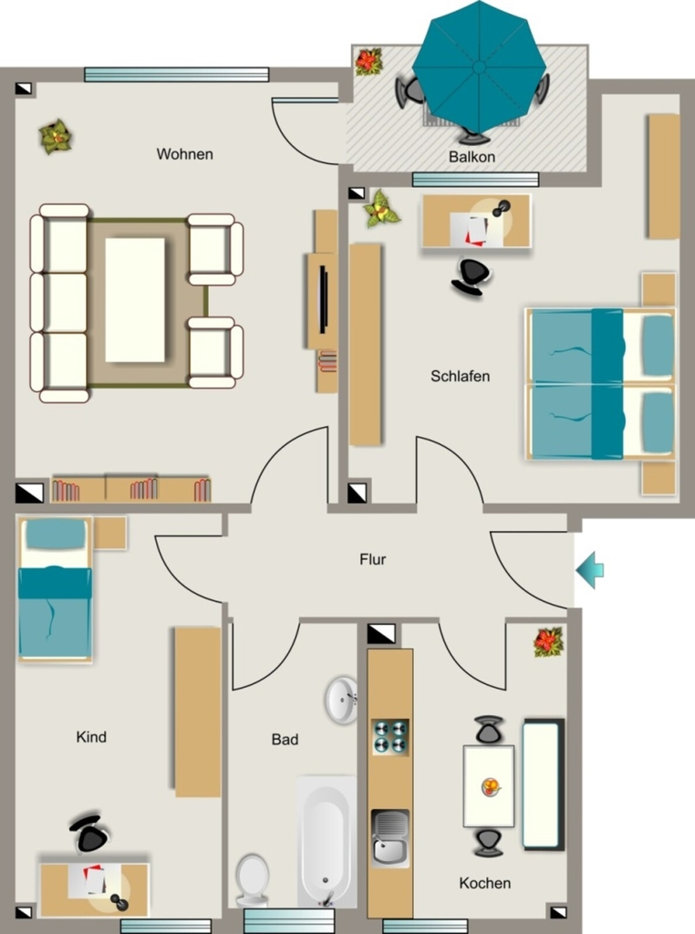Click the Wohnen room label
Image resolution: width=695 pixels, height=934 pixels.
[184, 154]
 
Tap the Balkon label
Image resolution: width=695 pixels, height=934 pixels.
[472, 157]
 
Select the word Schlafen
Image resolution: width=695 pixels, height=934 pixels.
[461, 377]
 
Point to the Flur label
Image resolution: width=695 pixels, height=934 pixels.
[373, 559]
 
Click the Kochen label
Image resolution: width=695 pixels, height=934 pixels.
[485, 883]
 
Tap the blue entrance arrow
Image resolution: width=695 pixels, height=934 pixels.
[589, 570]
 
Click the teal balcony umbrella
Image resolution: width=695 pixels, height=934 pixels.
[479, 67]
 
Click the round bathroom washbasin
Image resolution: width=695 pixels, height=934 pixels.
[341, 700]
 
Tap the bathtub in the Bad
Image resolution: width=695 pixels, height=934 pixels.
[327, 840]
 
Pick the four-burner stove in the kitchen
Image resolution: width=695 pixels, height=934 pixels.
[390, 737]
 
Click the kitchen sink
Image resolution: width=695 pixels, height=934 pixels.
[390, 837]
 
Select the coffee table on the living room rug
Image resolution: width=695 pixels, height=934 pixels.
[135, 299]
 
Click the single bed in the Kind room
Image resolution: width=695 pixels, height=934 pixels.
[55, 588]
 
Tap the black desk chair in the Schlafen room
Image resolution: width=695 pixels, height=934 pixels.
[472, 276]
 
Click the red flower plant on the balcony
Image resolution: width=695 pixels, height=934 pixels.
[368, 61]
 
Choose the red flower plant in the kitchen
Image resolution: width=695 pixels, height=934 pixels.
[548, 642]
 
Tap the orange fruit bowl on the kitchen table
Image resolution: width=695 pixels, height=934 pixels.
[490, 787]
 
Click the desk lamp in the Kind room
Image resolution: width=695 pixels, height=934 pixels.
[119, 900]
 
